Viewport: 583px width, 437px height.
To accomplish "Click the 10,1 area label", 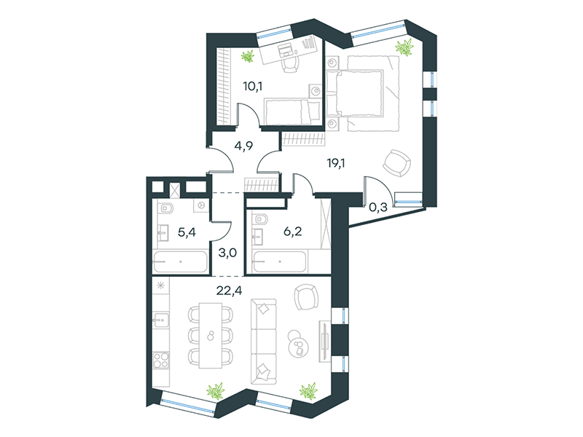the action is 253,87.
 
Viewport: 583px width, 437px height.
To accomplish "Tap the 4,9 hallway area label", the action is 243,146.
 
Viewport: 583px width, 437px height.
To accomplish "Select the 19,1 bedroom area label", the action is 336,162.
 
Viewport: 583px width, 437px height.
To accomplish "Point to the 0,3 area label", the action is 378,207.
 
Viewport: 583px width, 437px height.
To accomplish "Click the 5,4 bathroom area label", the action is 187,232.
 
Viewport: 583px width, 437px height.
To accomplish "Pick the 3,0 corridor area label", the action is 227,253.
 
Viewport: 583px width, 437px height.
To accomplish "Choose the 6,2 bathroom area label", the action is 293,232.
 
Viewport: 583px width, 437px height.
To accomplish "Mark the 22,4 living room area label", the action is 229,290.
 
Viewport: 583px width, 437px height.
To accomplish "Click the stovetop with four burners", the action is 161,360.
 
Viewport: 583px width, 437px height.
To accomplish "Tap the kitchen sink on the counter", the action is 161,320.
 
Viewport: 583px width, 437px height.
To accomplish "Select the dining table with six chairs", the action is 211,336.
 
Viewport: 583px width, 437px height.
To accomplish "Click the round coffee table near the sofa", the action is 298,343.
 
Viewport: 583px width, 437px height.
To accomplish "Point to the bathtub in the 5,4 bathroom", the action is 181,262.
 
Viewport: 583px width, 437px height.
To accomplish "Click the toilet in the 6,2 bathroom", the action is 260,219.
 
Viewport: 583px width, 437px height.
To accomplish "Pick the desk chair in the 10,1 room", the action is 290,65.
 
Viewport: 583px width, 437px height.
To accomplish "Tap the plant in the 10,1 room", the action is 248,57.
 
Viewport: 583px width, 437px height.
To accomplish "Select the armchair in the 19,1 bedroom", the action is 397,163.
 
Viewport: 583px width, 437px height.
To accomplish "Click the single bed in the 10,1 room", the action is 292,111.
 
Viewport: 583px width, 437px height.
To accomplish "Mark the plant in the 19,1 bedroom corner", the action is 404,47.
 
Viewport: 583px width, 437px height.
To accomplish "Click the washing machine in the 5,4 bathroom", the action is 201,205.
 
